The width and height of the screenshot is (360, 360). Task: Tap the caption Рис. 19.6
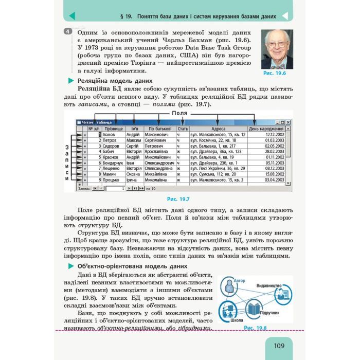275,74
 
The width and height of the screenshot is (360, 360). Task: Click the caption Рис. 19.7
178,198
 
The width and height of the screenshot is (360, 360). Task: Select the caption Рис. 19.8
255,327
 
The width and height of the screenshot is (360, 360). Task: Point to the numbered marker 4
67,32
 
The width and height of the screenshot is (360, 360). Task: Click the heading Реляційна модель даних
115,81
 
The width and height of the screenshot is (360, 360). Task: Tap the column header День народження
266,128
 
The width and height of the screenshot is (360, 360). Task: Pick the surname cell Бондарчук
113,162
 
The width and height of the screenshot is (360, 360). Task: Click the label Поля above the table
179,113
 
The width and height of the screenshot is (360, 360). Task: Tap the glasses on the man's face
277,45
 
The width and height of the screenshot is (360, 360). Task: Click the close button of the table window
289,122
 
